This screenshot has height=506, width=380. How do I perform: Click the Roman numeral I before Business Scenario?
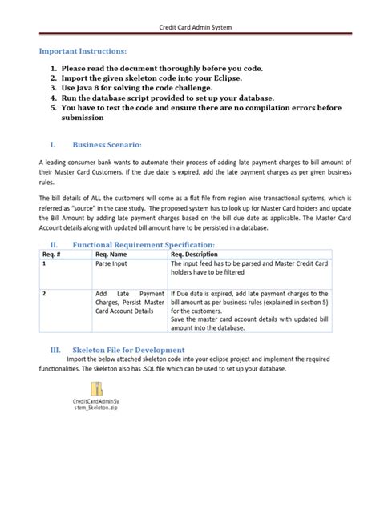(52, 144)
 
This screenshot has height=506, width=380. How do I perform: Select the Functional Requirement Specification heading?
(144, 244)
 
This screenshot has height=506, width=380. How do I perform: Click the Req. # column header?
(53, 255)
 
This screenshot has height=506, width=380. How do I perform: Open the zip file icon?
(95, 388)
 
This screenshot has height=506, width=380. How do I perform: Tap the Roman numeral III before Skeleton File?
(55, 350)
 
